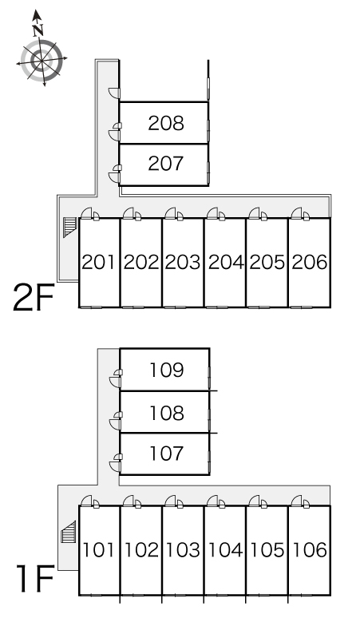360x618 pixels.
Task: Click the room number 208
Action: pyautogui.click(x=166, y=123)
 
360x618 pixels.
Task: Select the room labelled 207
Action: pyautogui.click(x=166, y=164)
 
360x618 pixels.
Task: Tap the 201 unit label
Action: pyautogui.click(x=98, y=262)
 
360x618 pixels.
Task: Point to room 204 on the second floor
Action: pyautogui.click(x=226, y=262)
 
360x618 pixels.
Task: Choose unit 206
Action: pyautogui.click(x=310, y=262)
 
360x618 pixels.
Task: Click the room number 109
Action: pyautogui.click(x=167, y=370)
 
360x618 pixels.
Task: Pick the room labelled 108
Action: pyautogui.click(x=167, y=413)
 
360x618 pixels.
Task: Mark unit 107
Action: pyautogui.click(x=167, y=454)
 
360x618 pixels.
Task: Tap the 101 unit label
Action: pyautogui.click(x=98, y=550)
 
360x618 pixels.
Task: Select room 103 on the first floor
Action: pyautogui.click(x=183, y=550)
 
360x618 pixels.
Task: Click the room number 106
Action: pyautogui.click(x=310, y=550)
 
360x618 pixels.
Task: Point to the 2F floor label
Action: pyautogui.click(x=33, y=298)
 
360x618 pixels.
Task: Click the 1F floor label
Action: pyautogui.click(x=35, y=578)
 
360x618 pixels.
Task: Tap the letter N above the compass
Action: pyautogui.click(x=38, y=31)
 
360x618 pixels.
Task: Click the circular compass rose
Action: pyautogui.click(x=42, y=61)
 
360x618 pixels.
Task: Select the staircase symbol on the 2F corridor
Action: pyautogui.click(x=69, y=228)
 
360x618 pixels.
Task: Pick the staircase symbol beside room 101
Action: pyautogui.click(x=69, y=532)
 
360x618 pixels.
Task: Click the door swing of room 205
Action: pyautogui.click(x=255, y=213)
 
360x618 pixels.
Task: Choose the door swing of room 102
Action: pyautogui.click(x=129, y=501)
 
